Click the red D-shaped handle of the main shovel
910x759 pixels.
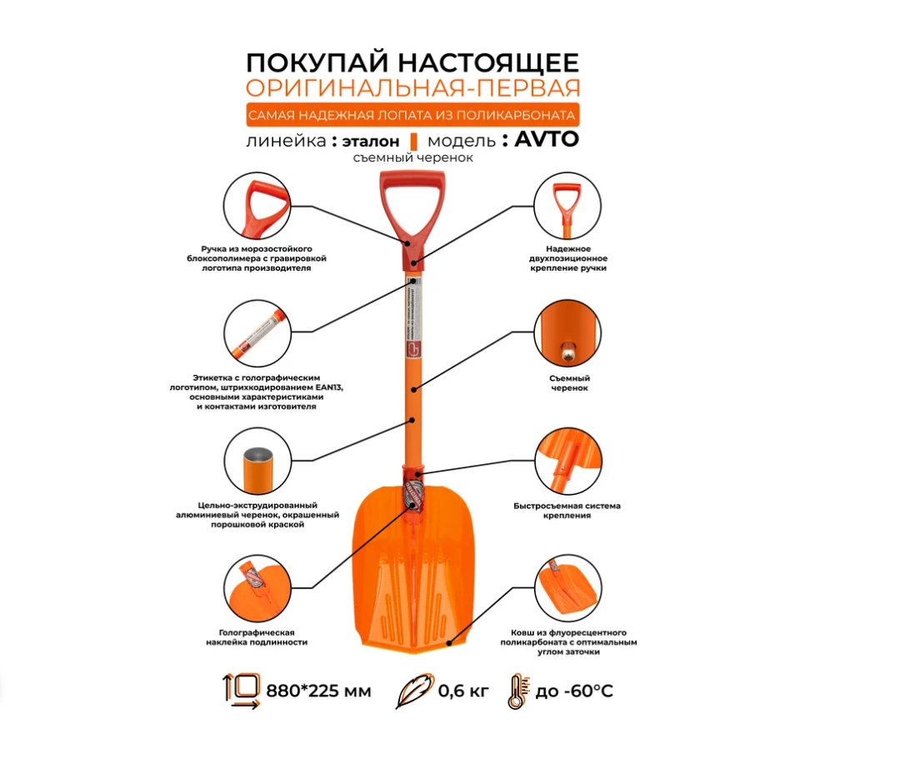[408, 200]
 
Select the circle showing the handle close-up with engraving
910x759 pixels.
[257, 206]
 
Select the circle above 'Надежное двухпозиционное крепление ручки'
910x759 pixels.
[568, 206]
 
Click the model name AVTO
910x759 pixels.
[547, 139]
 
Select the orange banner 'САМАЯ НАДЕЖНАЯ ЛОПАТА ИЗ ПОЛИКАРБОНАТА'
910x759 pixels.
[412, 114]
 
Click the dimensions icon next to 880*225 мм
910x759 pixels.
[241, 692]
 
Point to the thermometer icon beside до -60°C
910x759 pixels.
[516, 692]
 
